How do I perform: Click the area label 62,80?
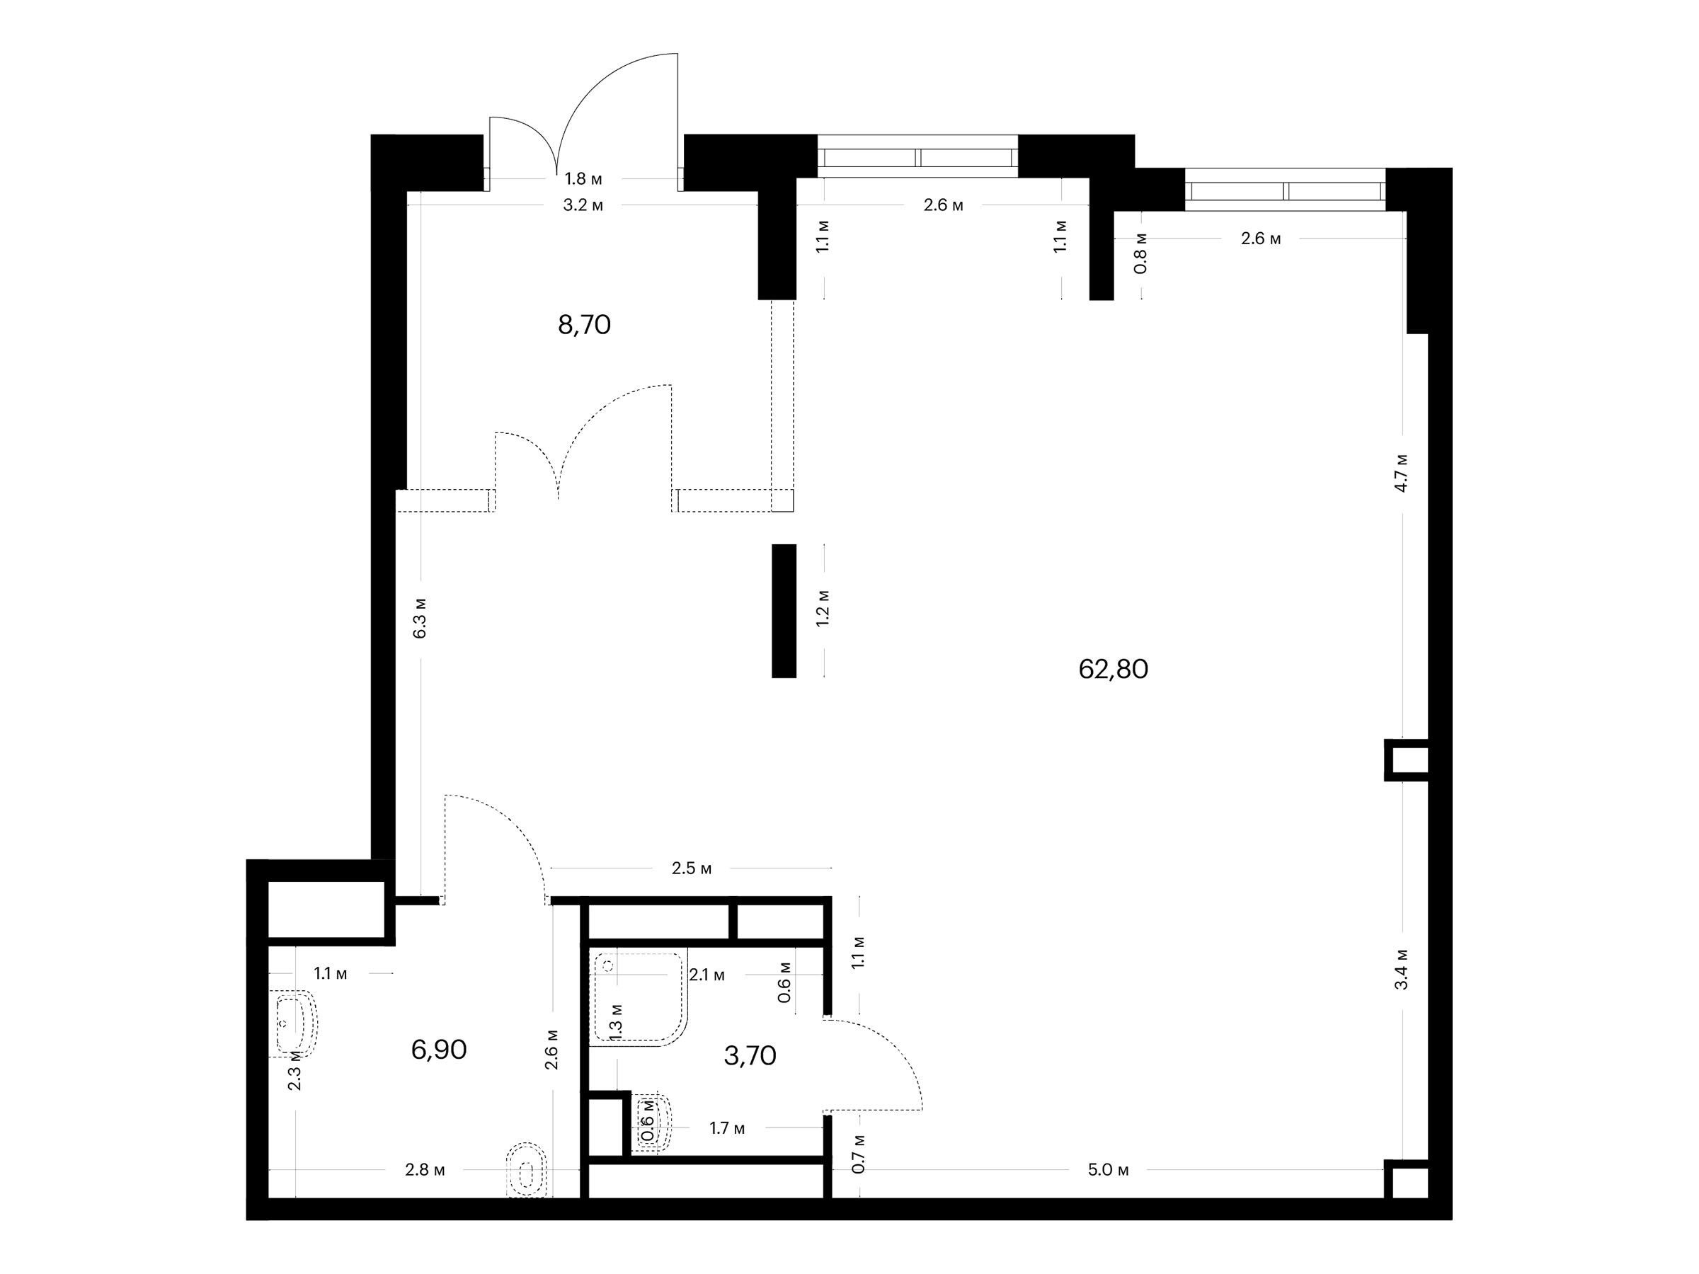pyautogui.click(x=1113, y=670)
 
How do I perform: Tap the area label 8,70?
pyautogui.click(x=585, y=326)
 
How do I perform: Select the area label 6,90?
pyautogui.click(x=439, y=1050)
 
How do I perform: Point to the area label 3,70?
pyautogui.click(x=750, y=1056)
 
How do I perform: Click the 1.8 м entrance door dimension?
pyautogui.click(x=584, y=179)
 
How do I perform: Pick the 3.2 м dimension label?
pyautogui.click(x=583, y=205)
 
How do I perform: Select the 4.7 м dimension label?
pyautogui.click(x=1402, y=472)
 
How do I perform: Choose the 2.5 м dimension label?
pyautogui.click(x=691, y=868)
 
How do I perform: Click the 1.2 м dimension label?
pyautogui.click(x=823, y=608)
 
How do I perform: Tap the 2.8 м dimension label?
pyautogui.click(x=425, y=1171)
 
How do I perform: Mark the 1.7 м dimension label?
pyautogui.click(x=726, y=1128)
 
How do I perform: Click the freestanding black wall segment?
pyautogui.click(x=784, y=611)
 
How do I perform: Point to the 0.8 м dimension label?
pyautogui.click(x=1140, y=253)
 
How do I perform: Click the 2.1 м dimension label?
pyautogui.click(x=707, y=975)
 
